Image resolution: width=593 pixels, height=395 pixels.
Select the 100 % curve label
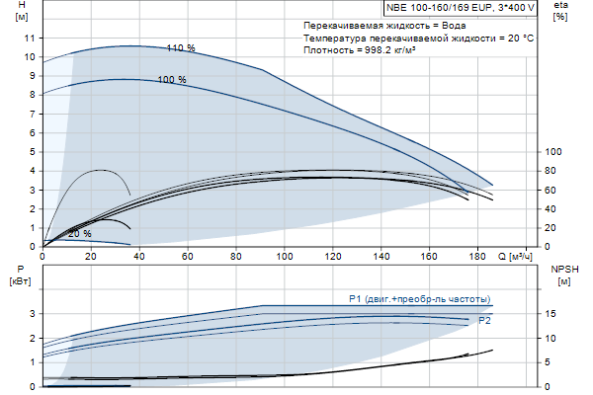pyautogui.click(x=171, y=79)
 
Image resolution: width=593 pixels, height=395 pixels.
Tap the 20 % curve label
pyautogui.click(x=80, y=234)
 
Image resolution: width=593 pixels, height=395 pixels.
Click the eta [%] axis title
pyautogui.click(x=560, y=12)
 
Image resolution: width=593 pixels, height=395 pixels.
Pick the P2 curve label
pyautogui.click(x=484, y=321)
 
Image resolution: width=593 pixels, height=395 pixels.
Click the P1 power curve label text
pyautogui.click(x=419, y=299)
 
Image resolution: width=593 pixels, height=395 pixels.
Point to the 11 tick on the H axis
pyautogui.click(x=30, y=37)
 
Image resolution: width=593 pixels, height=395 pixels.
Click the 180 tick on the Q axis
pyautogui.click(x=477, y=257)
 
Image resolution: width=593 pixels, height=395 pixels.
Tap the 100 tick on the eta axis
pyautogui.click(x=553, y=151)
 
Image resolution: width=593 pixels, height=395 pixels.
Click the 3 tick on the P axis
pyautogui.click(x=33, y=313)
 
